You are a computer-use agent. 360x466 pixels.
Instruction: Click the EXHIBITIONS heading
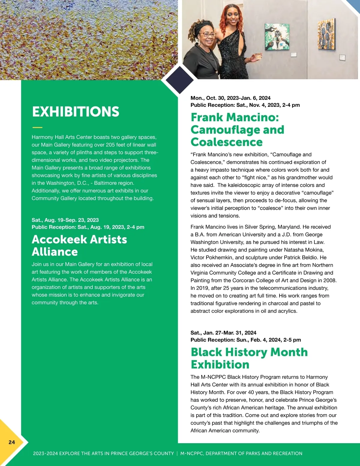76,112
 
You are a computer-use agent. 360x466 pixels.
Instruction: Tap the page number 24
12,442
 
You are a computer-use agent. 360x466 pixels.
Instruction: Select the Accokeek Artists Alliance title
79,245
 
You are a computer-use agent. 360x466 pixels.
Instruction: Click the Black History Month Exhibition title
249,358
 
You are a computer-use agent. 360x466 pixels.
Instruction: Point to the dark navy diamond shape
179,80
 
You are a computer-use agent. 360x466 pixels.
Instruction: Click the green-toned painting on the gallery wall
277,37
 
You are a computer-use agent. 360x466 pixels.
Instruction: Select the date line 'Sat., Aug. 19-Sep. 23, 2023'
65,220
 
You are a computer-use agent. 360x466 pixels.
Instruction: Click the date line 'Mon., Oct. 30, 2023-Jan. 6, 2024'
230,98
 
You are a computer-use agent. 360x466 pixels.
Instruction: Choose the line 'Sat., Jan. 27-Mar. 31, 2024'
223,332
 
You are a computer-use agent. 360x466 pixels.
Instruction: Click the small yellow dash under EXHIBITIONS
37,128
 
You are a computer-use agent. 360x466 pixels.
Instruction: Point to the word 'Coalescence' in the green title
226,142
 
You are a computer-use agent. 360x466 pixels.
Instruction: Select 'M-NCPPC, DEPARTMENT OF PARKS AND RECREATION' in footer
241,453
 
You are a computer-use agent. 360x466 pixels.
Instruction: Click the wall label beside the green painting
294,55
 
